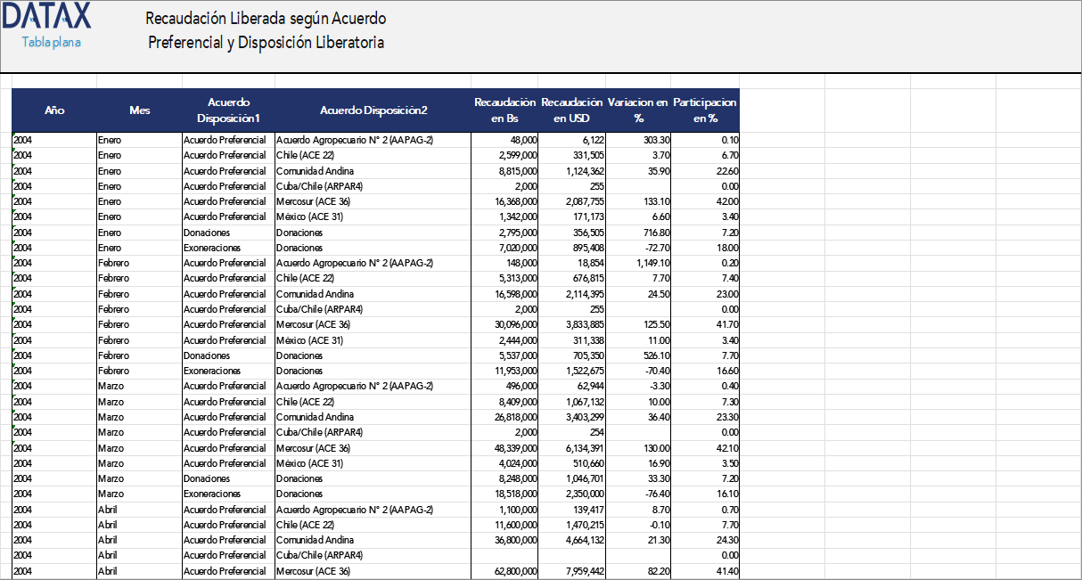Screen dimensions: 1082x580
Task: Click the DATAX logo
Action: (x=46, y=16)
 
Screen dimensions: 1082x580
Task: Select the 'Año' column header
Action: (x=54, y=110)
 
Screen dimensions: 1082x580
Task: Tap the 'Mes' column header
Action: (x=139, y=110)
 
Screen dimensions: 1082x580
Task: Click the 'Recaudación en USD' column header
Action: (x=572, y=110)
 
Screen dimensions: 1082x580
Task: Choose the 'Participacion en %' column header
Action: (x=705, y=110)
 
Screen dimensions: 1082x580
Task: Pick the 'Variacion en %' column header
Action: (x=638, y=110)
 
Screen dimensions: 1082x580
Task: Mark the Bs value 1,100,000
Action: (x=513, y=510)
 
